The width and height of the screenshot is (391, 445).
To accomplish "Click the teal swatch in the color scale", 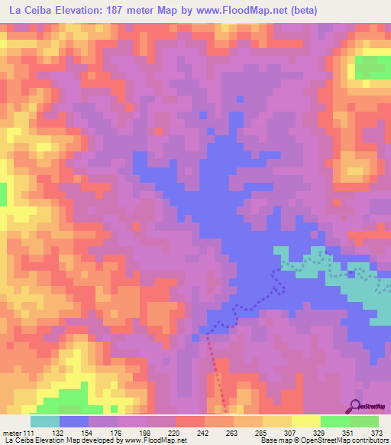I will pyautogui.click(x=45, y=421).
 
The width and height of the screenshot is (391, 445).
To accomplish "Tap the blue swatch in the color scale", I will pyautogui.click(x=74, y=421).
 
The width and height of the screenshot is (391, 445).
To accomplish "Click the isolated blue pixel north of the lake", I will pyautogui.click(x=240, y=99).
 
